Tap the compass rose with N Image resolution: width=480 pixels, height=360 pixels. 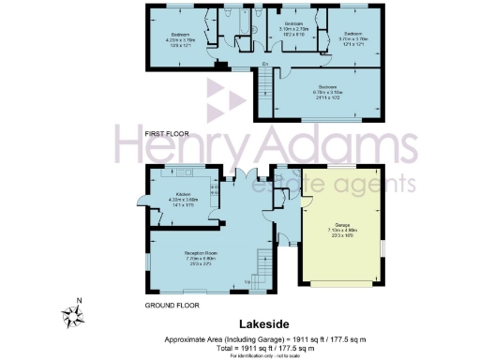(x=72, y=311)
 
